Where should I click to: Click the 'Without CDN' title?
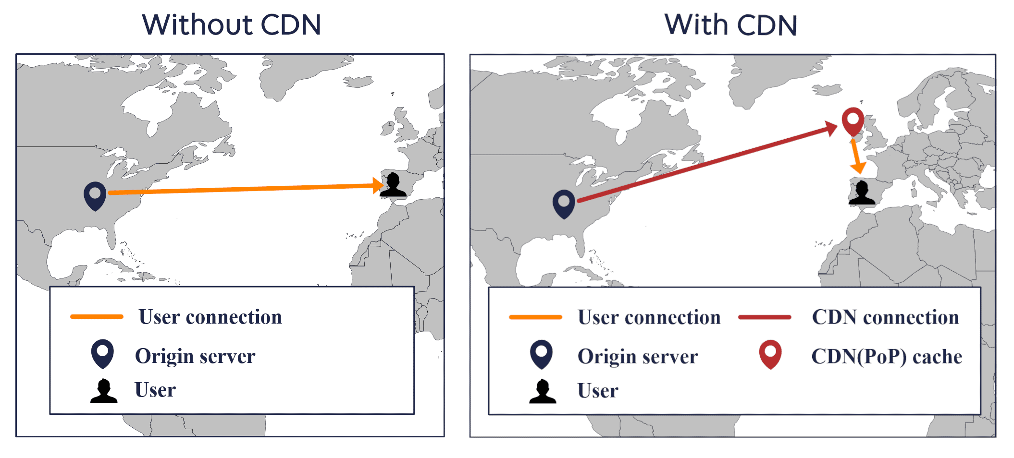[232, 25]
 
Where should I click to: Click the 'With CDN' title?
[731, 25]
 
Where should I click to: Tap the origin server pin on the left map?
[95, 196]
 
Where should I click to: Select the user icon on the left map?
[393, 185]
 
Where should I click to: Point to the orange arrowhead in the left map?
[378, 185]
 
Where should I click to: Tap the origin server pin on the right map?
[564, 204]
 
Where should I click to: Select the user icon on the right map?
[862, 193]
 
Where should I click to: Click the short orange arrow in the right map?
[855, 156]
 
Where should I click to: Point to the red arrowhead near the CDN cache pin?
[831, 128]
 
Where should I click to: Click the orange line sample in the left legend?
[97, 316]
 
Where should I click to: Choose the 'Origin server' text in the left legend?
[195, 356]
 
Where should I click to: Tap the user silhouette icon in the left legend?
[104, 390]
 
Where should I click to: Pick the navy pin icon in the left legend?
[102, 354]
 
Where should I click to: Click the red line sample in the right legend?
[765, 317]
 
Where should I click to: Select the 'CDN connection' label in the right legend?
[886, 317]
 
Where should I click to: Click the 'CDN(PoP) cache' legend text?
[887, 357]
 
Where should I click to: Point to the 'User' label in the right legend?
[598, 391]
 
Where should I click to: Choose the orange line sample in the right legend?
[536, 317]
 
